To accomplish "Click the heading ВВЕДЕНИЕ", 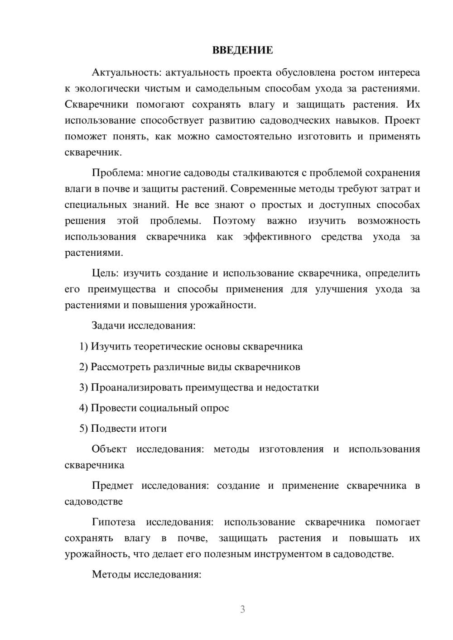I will (x=242, y=50).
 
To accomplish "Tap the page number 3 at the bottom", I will (x=242, y=609).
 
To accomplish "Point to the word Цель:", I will (x=105, y=273).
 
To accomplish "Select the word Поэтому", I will (x=234, y=221).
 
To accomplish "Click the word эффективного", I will (x=277, y=237).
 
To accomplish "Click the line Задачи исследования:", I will (x=144, y=325).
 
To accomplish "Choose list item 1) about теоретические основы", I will (x=191, y=346).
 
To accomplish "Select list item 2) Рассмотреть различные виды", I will (x=189, y=367).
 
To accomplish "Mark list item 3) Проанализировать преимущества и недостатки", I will (x=199, y=387).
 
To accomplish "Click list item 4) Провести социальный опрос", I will (x=154, y=408).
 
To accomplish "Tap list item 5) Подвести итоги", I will (x=123, y=428).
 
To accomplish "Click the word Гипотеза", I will (x=114, y=522).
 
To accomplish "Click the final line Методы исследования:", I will (x=146, y=574).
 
